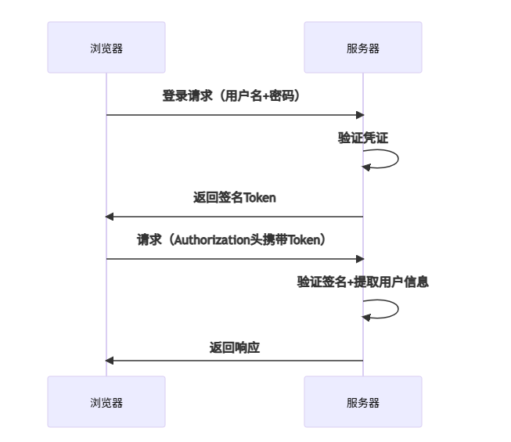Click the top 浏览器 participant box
point(106,48)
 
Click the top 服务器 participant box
point(363,48)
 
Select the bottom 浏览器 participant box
point(106,402)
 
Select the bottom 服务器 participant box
point(363,402)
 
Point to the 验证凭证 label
point(363,138)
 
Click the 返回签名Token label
point(234,198)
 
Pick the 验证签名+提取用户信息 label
point(363,282)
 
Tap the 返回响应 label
point(234,348)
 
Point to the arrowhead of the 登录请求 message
point(360,115)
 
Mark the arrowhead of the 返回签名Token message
point(110,217)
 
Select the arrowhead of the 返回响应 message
point(110,361)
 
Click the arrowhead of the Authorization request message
point(360,259)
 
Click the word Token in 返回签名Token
point(260,198)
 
